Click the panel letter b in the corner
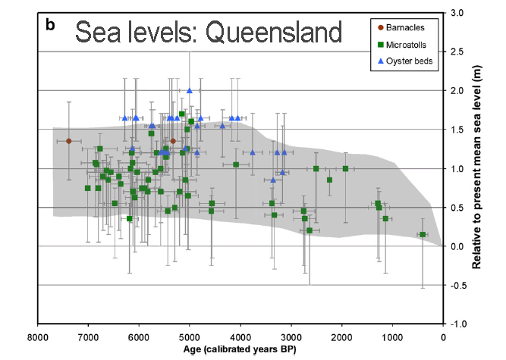pyautogui.click(x=50, y=25)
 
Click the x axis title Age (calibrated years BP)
pyautogui.click(x=239, y=349)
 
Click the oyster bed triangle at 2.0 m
pyautogui.click(x=190, y=91)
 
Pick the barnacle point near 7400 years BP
pyautogui.click(x=68, y=141)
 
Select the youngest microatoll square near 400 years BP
pyautogui.click(x=423, y=235)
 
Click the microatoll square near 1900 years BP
pyautogui.click(x=345, y=168)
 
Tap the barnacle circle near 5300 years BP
pyautogui.click(x=173, y=141)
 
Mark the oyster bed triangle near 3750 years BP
pyautogui.click(x=253, y=152)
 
